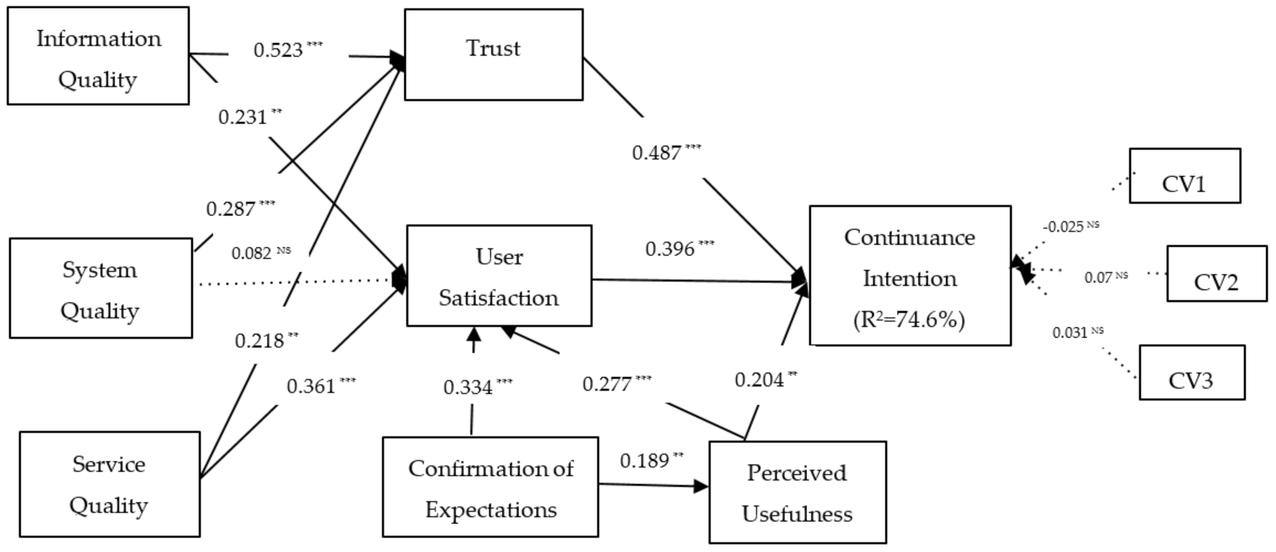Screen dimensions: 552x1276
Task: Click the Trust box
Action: point(493,54)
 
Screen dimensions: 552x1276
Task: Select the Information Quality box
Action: point(98,56)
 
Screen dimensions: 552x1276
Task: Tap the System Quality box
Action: point(101,288)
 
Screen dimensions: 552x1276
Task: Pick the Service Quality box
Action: point(110,485)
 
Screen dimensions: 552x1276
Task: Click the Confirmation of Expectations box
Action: point(490,487)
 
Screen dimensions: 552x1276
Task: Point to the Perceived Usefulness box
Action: point(797,493)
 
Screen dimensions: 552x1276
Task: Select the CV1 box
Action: point(1185,176)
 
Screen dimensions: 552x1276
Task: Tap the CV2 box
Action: point(1216,274)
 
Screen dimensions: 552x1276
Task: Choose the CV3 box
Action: point(1192,373)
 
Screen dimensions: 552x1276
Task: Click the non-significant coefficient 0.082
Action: point(252,254)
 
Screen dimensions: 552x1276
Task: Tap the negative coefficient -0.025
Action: point(1063,227)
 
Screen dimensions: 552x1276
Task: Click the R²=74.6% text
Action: point(909,320)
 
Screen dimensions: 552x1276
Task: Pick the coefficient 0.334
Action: point(468,388)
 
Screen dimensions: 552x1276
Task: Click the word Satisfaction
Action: point(499,298)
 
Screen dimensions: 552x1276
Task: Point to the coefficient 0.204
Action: point(759,380)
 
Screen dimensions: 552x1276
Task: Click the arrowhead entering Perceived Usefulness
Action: point(701,486)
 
